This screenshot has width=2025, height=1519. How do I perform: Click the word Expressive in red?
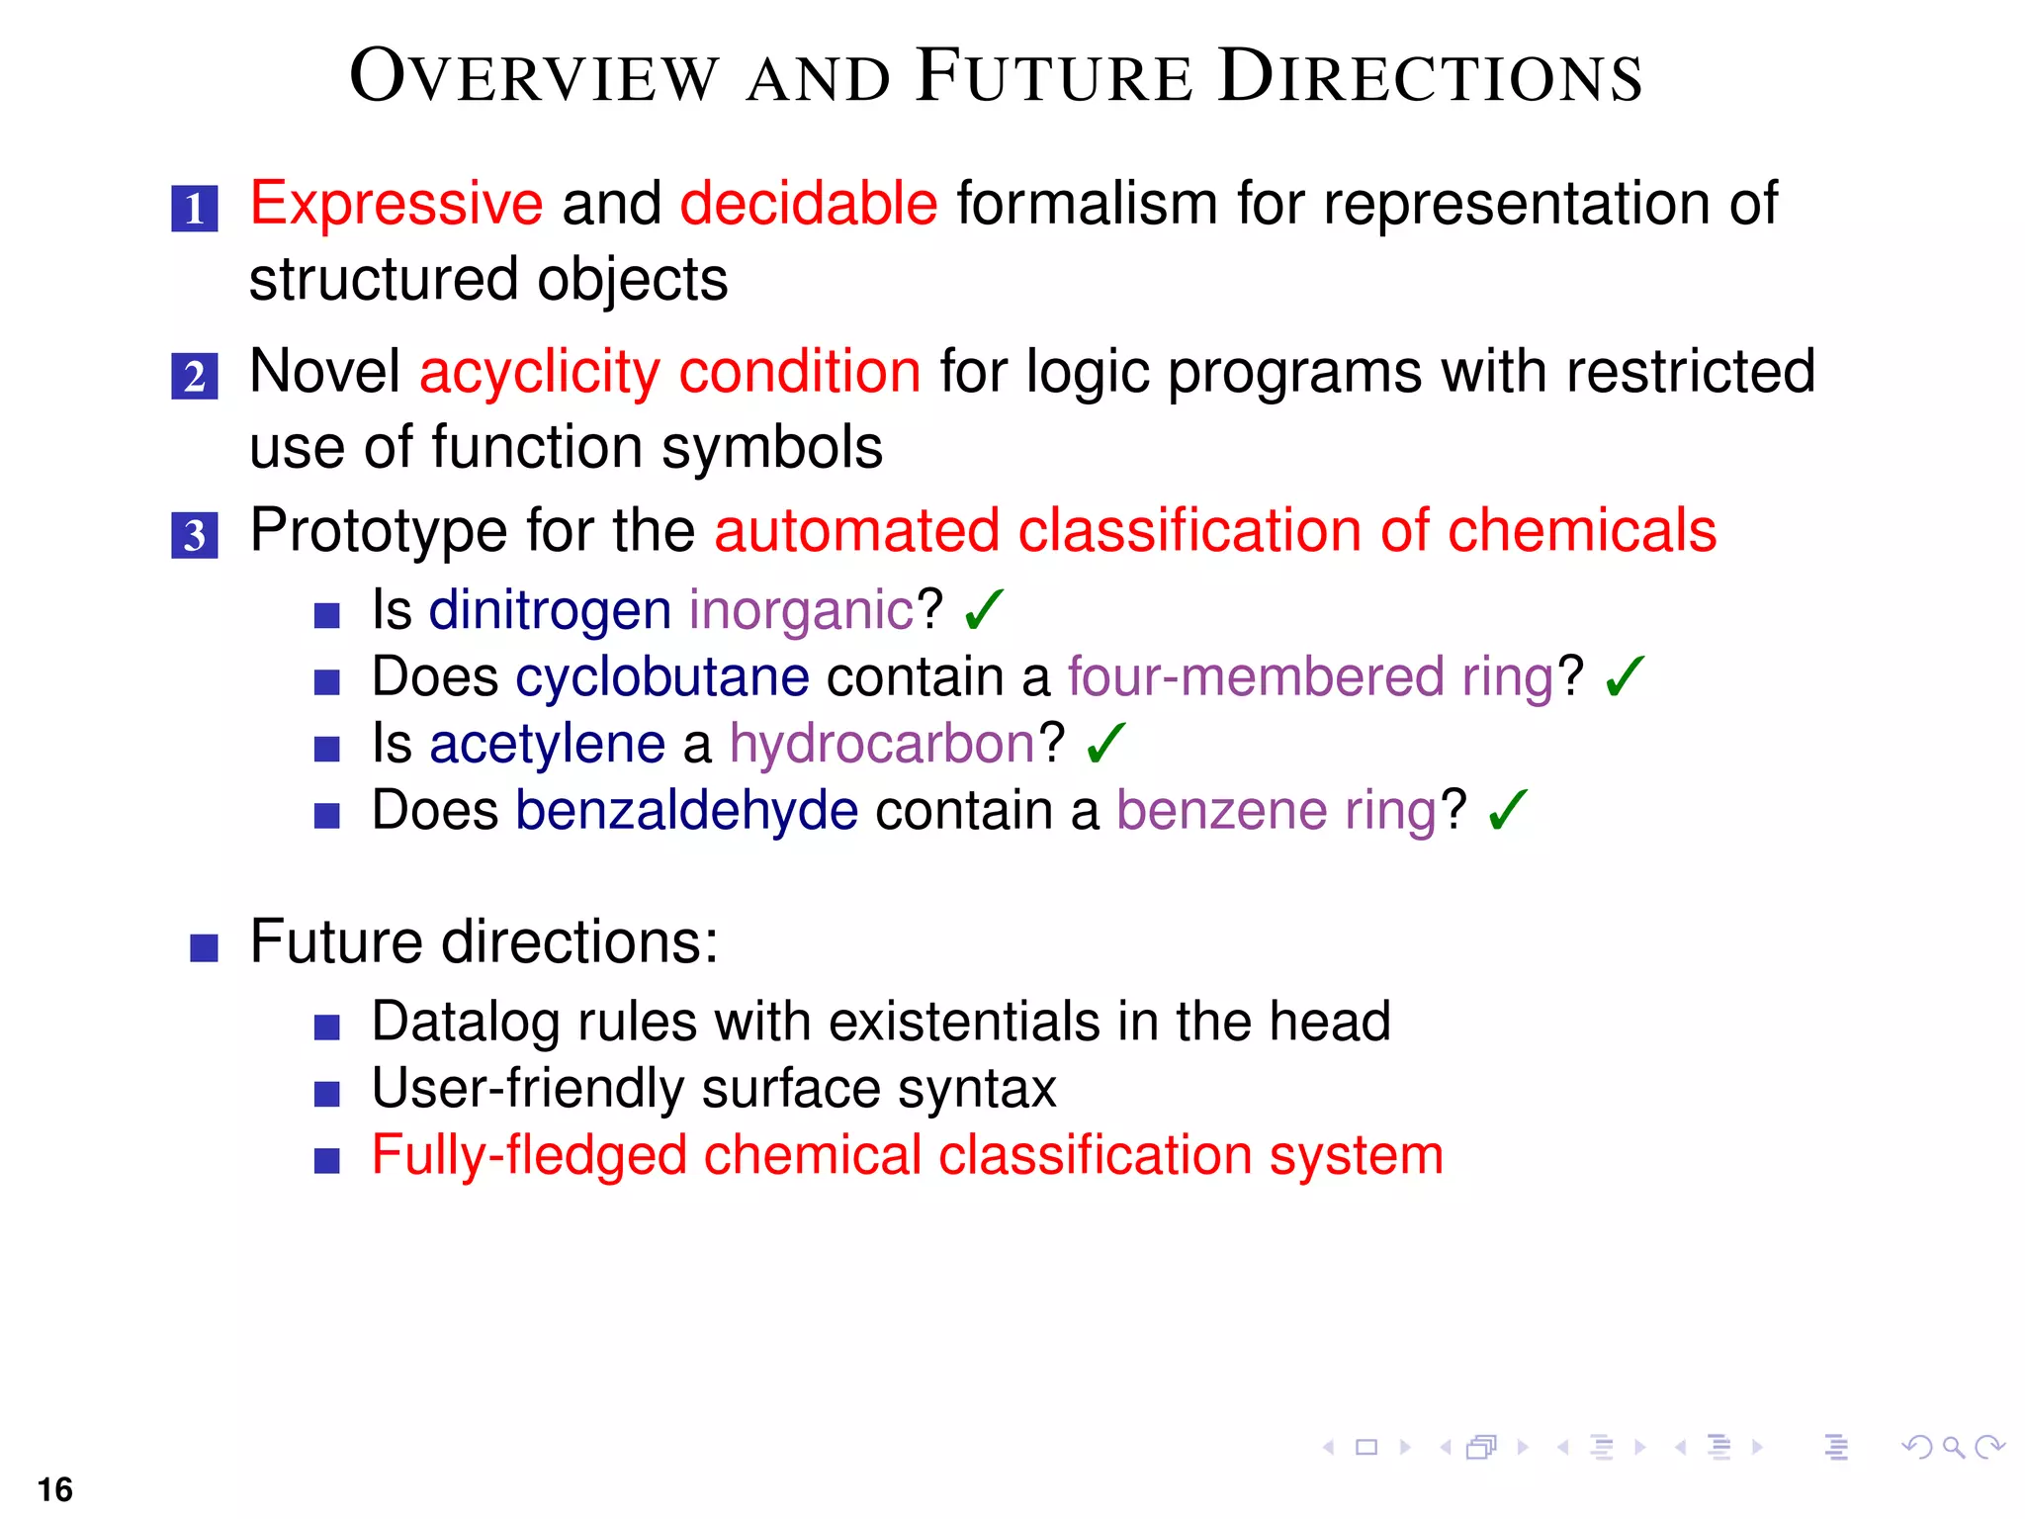coord(396,204)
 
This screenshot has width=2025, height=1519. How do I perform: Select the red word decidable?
coord(808,204)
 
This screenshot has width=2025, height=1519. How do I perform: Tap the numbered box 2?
coord(195,377)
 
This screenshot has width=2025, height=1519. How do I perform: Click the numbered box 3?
coord(195,535)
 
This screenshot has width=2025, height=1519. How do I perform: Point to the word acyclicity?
coord(539,374)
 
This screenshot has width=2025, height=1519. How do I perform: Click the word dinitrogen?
coord(550,609)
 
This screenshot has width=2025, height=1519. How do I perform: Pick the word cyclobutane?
coord(661,677)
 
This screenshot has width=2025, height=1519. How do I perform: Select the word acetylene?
coord(547,744)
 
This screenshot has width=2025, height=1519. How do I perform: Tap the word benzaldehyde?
coord(686,811)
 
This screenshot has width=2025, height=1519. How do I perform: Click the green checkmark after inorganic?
coord(983,609)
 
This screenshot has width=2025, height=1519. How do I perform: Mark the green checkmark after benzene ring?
coord(1507,810)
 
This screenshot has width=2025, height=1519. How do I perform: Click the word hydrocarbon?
coord(882,744)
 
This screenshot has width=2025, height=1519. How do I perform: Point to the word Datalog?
coord(466,1022)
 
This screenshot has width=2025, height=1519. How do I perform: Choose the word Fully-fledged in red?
coord(529,1155)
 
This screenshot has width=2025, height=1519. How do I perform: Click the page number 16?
coord(55,1489)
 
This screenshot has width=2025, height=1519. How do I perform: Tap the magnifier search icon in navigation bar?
coord(1952,1448)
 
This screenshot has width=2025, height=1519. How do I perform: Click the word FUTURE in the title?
coord(1054,77)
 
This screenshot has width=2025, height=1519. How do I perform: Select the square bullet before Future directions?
coord(204,947)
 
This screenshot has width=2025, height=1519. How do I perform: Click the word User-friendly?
coord(527,1089)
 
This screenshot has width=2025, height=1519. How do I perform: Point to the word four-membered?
coord(1256,677)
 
